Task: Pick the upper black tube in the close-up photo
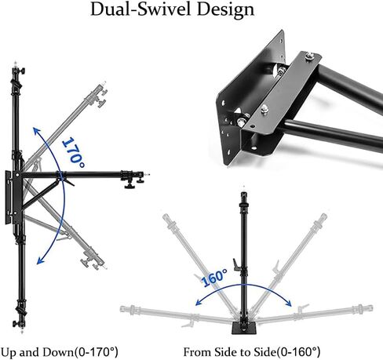[x=345, y=82]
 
